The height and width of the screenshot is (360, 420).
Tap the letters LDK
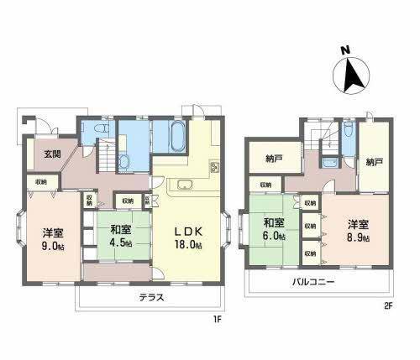pos(189,231)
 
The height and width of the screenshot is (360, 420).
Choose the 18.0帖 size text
pos(189,245)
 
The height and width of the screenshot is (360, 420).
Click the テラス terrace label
pos(151,297)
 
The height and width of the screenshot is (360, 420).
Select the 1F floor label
pos(217,319)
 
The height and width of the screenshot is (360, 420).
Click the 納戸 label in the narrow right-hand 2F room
pos(375,161)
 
